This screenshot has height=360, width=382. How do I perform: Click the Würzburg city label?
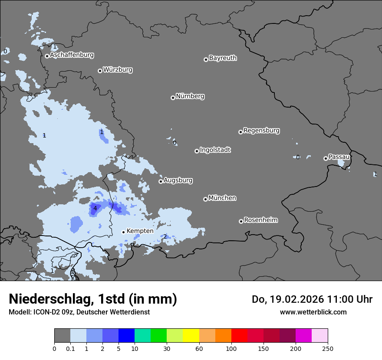(x=118, y=70)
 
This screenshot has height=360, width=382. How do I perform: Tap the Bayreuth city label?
(x=223, y=58)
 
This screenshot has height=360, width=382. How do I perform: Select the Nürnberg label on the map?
(x=190, y=96)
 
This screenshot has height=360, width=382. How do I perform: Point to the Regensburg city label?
(x=261, y=131)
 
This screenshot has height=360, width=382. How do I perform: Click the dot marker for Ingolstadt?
(x=197, y=151)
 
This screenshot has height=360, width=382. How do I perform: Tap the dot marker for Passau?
(x=326, y=158)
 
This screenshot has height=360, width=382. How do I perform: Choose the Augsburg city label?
(x=178, y=180)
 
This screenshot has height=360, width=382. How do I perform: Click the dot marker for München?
(x=205, y=199)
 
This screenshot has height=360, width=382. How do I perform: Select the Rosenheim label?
(x=260, y=220)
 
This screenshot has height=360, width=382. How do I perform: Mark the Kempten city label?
(x=140, y=231)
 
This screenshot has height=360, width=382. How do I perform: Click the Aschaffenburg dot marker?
(x=47, y=56)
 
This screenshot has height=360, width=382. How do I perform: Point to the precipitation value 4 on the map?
(x=95, y=209)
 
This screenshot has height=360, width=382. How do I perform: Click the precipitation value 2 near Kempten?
(x=165, y=236)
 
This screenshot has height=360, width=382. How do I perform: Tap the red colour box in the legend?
(x=239, y=336)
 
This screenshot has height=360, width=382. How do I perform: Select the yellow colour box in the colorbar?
(x=191, y=336)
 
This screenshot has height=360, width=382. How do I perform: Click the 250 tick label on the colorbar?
(x=328, y=348)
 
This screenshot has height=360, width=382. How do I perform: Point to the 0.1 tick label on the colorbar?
(x=70, y=348)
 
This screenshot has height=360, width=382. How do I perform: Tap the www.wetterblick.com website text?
(x=313, y=312)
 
